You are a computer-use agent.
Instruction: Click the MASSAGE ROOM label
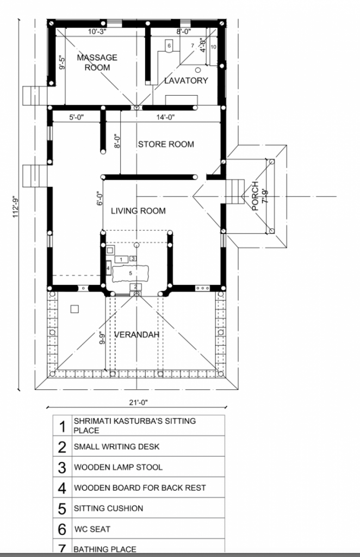pos(97,63)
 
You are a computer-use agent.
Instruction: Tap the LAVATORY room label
pos(186,81)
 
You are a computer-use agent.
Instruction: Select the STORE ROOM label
pos(166,144)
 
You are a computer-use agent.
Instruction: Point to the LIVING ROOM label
pos(138,211)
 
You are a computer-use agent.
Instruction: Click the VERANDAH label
pos(136,335)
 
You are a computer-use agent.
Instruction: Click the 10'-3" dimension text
pos(97,32)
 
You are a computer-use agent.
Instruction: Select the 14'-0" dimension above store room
pos(166,117)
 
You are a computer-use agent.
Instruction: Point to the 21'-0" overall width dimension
pos(138,403)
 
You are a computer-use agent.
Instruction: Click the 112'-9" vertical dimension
pos(16,207)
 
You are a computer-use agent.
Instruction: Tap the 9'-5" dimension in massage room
pos(62,63)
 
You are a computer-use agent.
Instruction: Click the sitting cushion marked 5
pos(131,273)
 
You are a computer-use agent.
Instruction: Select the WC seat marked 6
pos(169,46)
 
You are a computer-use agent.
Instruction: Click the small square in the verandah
pos(74,309)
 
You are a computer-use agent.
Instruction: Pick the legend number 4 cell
pos(62,488)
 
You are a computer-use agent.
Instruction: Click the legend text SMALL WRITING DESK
pos(116,447)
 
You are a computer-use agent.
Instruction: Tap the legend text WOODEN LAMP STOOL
pos(118,467)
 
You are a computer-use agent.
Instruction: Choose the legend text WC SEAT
pos(92,529)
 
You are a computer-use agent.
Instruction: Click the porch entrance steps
pos(235,192)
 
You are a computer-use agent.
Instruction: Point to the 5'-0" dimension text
pos(76,117)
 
